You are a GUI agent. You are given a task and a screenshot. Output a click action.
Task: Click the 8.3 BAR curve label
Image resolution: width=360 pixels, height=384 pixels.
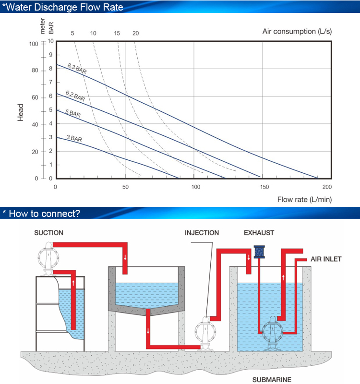click(x=77, y=69)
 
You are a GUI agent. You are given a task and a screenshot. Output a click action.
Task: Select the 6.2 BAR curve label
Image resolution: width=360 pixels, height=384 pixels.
click(x=75, y=96)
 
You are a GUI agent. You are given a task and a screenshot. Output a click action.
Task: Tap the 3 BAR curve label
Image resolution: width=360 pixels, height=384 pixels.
click(x=74, y=138)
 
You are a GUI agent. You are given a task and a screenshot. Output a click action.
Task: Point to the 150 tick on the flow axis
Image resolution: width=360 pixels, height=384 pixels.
click(x=264, y=187)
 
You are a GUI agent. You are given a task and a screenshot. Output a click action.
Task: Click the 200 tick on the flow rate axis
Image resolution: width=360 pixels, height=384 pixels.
click(x=327, y=187)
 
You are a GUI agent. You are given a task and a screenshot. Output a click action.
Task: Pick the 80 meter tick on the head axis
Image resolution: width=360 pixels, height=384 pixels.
click(x=35, y=71)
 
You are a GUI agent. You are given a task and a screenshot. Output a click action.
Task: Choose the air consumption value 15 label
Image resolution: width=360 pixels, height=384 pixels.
click(x=117, y=33)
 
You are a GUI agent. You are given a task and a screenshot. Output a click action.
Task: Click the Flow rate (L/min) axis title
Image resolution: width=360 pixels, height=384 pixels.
click(x=304, y=200)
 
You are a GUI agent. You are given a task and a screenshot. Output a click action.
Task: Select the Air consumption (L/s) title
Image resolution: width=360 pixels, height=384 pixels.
click(x=297, y=31)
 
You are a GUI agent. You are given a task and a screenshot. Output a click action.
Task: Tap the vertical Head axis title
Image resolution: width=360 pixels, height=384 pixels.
click(x=20, y=112)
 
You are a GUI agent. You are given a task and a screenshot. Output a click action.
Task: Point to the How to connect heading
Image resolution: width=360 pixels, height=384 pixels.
click(x=41, y=214)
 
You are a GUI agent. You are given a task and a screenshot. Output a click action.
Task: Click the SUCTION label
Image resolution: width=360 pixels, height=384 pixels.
click(x=49, y=233)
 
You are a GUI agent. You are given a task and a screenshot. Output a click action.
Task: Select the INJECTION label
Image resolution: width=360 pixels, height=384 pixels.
click(x=202, y=233)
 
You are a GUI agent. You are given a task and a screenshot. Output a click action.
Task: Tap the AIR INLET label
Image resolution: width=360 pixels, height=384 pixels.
click(x=326, y=259)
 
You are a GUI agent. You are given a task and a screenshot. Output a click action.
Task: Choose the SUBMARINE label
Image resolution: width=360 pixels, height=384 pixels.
click(x=272, y=380)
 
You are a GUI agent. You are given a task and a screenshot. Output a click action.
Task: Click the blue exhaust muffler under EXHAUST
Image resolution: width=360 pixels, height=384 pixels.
click(x=259, y=252)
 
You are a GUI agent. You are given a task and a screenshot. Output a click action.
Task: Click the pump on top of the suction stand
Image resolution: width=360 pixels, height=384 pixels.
click(x=48, y=258)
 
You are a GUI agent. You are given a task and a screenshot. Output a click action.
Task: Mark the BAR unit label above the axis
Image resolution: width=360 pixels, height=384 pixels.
click(x=51, y=28)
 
